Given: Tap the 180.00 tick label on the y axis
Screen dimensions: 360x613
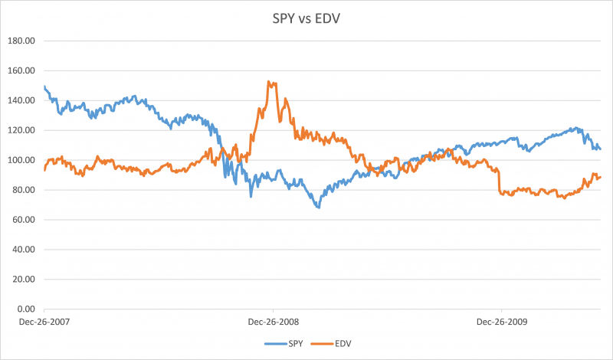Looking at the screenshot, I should point(23,41).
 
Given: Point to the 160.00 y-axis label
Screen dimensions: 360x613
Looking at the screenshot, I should point(23,70).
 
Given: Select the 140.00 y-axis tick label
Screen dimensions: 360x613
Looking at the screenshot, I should point(23,100).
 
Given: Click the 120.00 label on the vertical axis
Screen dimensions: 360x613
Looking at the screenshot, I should point(23,130).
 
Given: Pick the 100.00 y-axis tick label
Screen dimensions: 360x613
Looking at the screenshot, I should point(23,160).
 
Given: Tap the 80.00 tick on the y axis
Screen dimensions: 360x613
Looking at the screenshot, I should point(25,190).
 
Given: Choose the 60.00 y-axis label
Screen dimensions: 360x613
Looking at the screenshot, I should point(25,220).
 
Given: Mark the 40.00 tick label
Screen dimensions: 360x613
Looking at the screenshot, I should point(25,250).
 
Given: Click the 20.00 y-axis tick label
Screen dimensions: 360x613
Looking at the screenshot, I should point(25,280).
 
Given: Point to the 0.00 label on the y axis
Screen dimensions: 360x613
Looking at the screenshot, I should point(28,309).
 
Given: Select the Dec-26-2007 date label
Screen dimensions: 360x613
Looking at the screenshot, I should point(44,322).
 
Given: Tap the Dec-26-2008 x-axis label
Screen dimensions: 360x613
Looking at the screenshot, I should point(273,322).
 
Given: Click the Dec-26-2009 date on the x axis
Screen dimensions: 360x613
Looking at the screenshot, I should point(501,322).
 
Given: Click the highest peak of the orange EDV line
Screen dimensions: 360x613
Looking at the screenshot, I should point(269,81).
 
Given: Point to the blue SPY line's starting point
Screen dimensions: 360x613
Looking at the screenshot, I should point(44,87).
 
